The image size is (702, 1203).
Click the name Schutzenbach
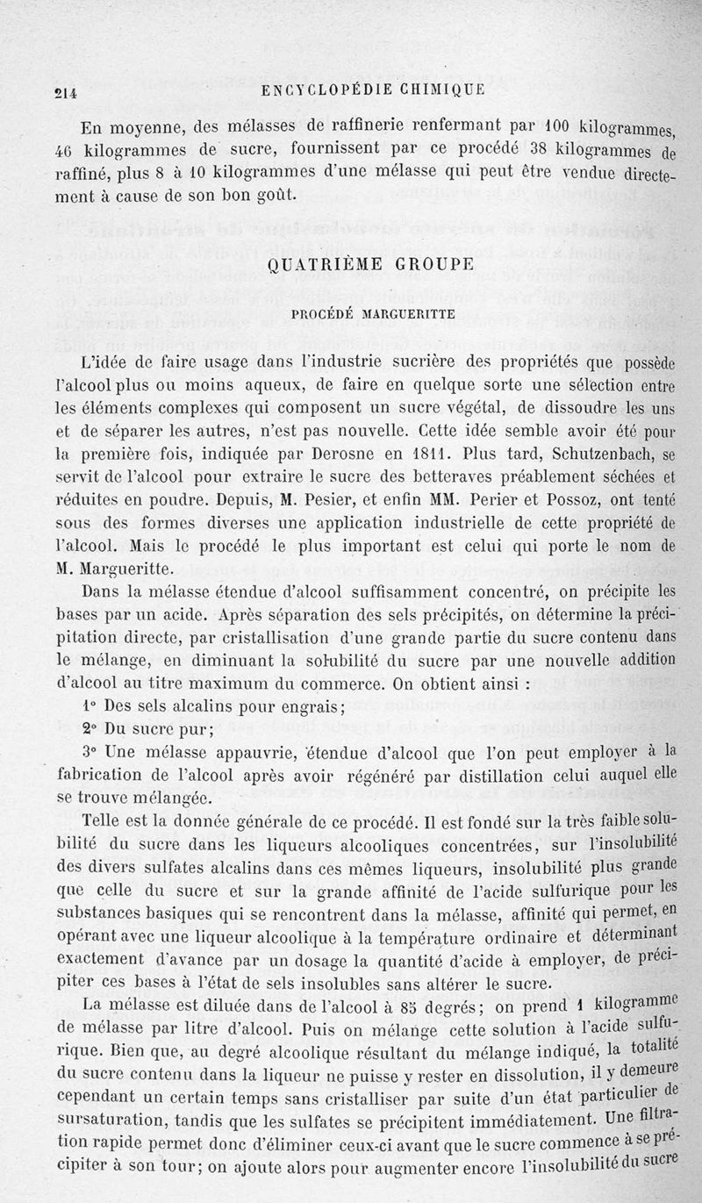597,455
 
